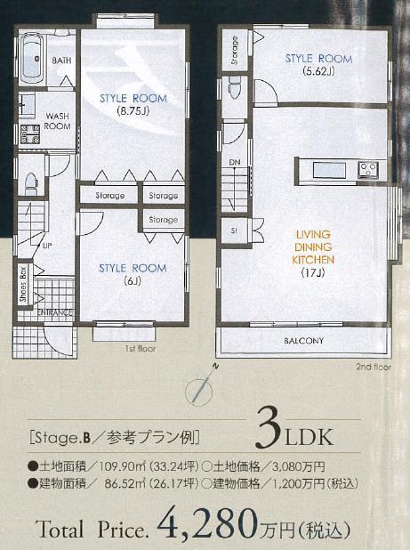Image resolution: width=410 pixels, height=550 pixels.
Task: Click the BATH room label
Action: (x=61, y=61)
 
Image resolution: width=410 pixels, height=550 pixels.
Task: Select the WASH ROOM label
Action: (x=57, y=121)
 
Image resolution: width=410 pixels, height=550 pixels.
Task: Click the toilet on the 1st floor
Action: (x=29, y=183)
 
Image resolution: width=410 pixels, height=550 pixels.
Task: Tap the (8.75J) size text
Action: (x=133, y=111)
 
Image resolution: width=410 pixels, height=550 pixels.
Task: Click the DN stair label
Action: (x=235, y=162)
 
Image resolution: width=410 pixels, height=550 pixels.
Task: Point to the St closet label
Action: (x=234, y=230)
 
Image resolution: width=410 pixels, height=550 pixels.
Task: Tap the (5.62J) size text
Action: (x=318, y=70)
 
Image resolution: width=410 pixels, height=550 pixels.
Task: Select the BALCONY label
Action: (x=303, y=341)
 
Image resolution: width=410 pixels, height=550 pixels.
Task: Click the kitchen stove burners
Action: (x=369, y=169)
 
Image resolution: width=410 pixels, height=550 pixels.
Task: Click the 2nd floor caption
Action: (x=373, y=366)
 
